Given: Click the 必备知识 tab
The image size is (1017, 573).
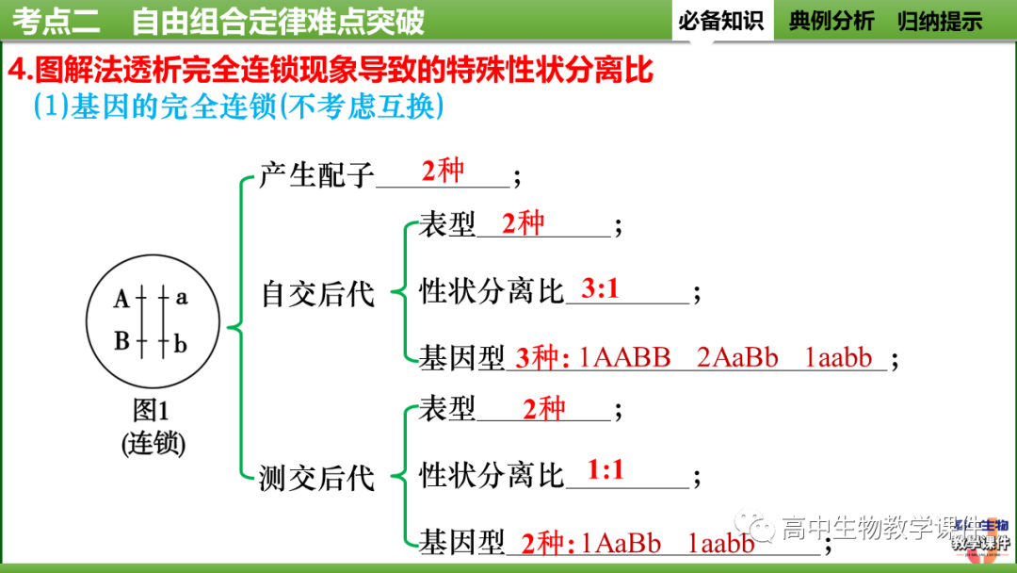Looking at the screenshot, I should tap(721, 21).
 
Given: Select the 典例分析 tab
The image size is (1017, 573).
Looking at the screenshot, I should tap(831, 21).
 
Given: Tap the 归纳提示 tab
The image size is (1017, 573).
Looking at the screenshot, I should tap(939, 21).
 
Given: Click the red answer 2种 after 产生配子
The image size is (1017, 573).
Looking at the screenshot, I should tap(443, 171).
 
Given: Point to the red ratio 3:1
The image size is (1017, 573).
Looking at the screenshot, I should tap(600, 288).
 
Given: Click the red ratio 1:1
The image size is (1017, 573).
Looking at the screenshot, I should tap(605, 469).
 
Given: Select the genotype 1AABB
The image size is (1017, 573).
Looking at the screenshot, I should tap(625, 358).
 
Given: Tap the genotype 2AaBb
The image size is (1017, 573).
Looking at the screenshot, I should tap(738, 358).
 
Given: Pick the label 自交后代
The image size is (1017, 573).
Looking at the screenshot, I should tap(317, 294).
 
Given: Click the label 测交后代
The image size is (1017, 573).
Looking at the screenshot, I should tap(317, 478).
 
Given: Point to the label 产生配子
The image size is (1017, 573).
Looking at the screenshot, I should tap(317, 175).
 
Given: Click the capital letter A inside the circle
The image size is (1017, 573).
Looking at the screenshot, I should tap(121, 300).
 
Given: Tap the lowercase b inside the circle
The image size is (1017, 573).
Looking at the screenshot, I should tap(181, 344).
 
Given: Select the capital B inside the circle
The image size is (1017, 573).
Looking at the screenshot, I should tap(121, 341).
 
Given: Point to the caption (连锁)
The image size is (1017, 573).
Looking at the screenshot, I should tap(153, 443).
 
